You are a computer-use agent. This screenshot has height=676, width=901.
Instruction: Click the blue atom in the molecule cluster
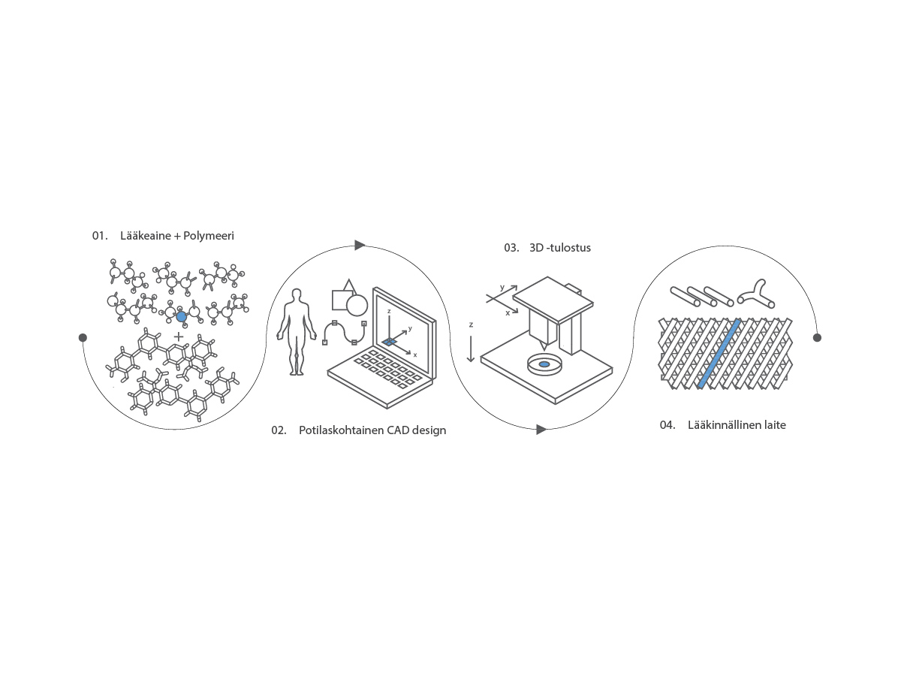[x=181, y=316]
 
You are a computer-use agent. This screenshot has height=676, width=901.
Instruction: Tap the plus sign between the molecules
[x=179, y=337]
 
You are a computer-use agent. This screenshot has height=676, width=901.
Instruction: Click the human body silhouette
[x=297, y=332]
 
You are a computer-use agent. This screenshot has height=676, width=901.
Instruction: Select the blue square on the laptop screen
[x=390, y=342]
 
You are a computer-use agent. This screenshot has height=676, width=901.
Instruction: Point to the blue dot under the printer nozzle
[x=544, y=364]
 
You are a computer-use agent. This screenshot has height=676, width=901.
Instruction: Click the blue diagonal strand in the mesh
[x=719, y=354]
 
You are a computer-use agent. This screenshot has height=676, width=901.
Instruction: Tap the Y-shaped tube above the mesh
[x=756, y=295]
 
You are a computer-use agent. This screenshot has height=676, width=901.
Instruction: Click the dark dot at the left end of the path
[x=83, y=337]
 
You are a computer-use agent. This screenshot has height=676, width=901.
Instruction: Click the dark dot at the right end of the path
[x=817, y=337]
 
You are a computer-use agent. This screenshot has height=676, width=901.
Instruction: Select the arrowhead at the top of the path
[x=360, y=245]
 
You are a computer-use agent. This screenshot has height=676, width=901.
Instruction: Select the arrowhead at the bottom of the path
[x=541, y=430]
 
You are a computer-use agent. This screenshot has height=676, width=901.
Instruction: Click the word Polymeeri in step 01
[x=209, y=236]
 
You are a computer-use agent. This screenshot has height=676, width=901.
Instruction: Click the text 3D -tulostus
[x=560, y=248]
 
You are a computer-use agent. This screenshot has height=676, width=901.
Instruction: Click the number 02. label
[x=279, y=430]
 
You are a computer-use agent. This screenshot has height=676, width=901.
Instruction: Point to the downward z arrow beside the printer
[x=471, y=349]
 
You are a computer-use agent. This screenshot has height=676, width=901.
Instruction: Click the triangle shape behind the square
[x=349, y=285]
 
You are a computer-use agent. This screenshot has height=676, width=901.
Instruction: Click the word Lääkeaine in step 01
[x=146, y=236]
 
